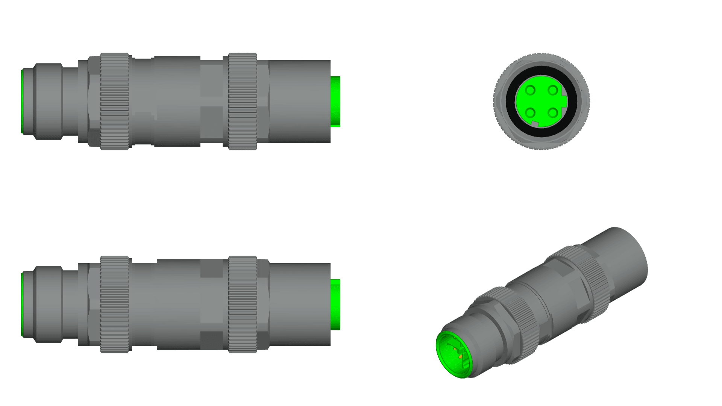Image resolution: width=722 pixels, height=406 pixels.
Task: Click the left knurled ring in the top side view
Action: (x=115, y=101)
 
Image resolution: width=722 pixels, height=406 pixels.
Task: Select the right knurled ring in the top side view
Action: (x=243, y=101)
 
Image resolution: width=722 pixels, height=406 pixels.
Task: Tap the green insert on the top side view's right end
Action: (x=335, y=101)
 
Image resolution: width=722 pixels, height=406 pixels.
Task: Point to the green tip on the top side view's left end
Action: (x=22, y=101)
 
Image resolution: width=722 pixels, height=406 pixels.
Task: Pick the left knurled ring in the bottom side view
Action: (x=115, y=304)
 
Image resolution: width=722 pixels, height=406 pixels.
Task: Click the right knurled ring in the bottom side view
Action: (x=243, y=304)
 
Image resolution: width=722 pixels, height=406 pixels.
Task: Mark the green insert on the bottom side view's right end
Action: (x=335, y=304)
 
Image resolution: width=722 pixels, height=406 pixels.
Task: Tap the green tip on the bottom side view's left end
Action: (x=22, y=304)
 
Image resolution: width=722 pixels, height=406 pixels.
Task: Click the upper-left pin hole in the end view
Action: (x=530, y=90)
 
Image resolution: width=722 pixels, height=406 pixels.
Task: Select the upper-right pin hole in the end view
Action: (x=552, y=90)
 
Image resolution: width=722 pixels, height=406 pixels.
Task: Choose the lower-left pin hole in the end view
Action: (x=530, y=112)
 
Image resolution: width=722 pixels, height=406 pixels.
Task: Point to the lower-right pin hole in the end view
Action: (x=552, y=112)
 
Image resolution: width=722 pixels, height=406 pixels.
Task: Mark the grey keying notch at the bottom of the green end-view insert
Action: (x=535, y=124)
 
